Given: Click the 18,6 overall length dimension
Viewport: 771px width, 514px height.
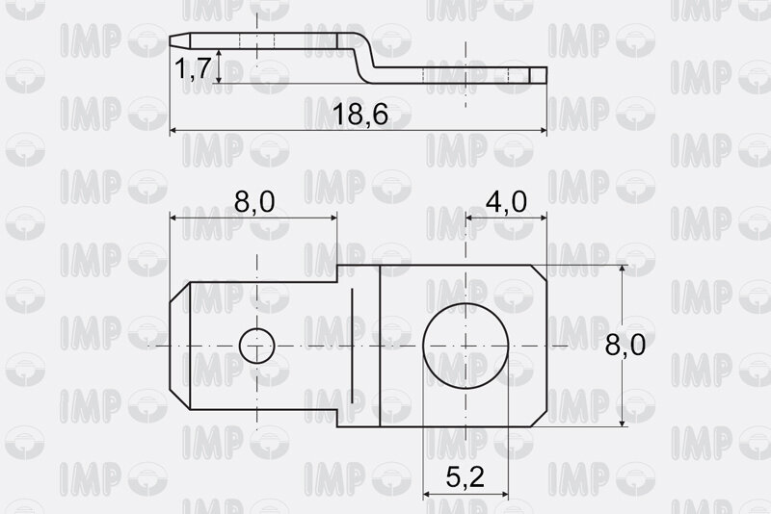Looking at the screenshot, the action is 360,115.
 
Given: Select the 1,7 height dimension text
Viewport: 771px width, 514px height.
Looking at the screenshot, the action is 193,67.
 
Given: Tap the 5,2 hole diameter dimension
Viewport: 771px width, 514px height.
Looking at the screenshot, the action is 465,476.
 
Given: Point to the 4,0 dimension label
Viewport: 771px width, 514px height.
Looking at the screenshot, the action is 506,202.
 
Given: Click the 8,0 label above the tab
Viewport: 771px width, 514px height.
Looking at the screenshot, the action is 254,202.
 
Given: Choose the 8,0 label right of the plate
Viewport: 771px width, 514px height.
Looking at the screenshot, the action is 625,345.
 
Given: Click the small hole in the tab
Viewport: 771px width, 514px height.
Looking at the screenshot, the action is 256,347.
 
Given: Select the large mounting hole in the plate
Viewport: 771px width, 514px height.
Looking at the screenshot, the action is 465,347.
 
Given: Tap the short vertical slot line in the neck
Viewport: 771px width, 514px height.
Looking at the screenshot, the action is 352,347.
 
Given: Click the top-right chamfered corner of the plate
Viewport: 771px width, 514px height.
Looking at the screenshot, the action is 539,273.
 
